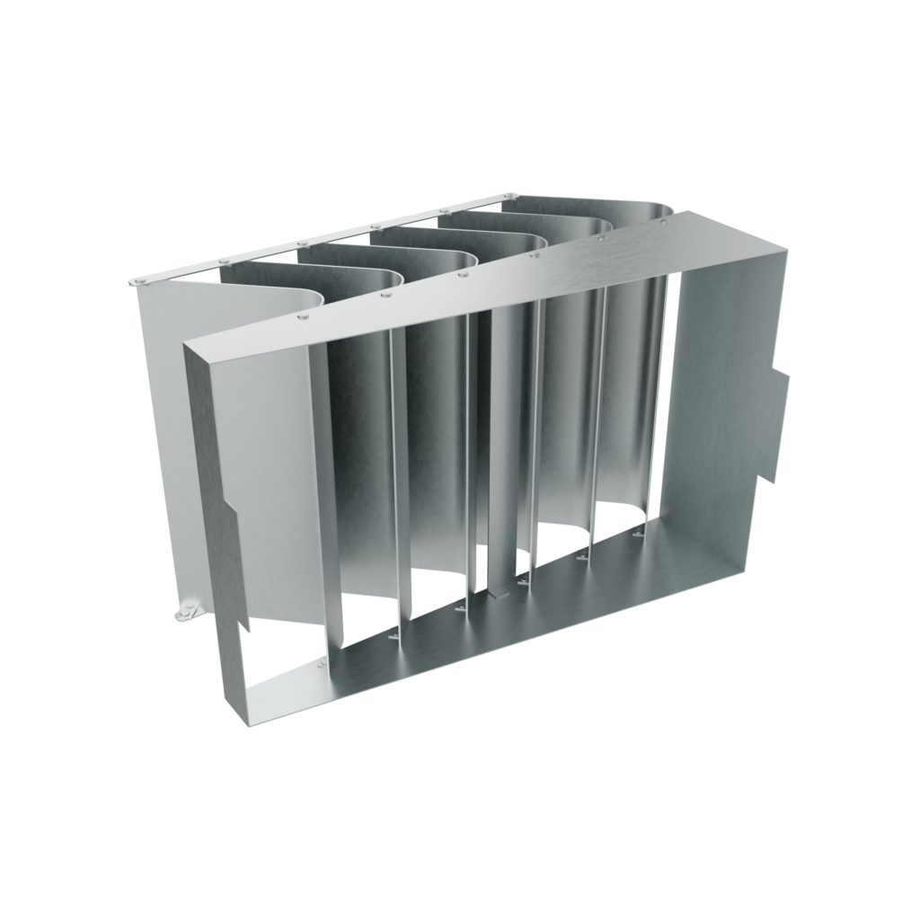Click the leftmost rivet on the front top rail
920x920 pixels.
(x=303, y=316)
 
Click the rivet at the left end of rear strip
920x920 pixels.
(x=140, y=280)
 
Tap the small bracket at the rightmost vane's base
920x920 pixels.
(x=639, y=535)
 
